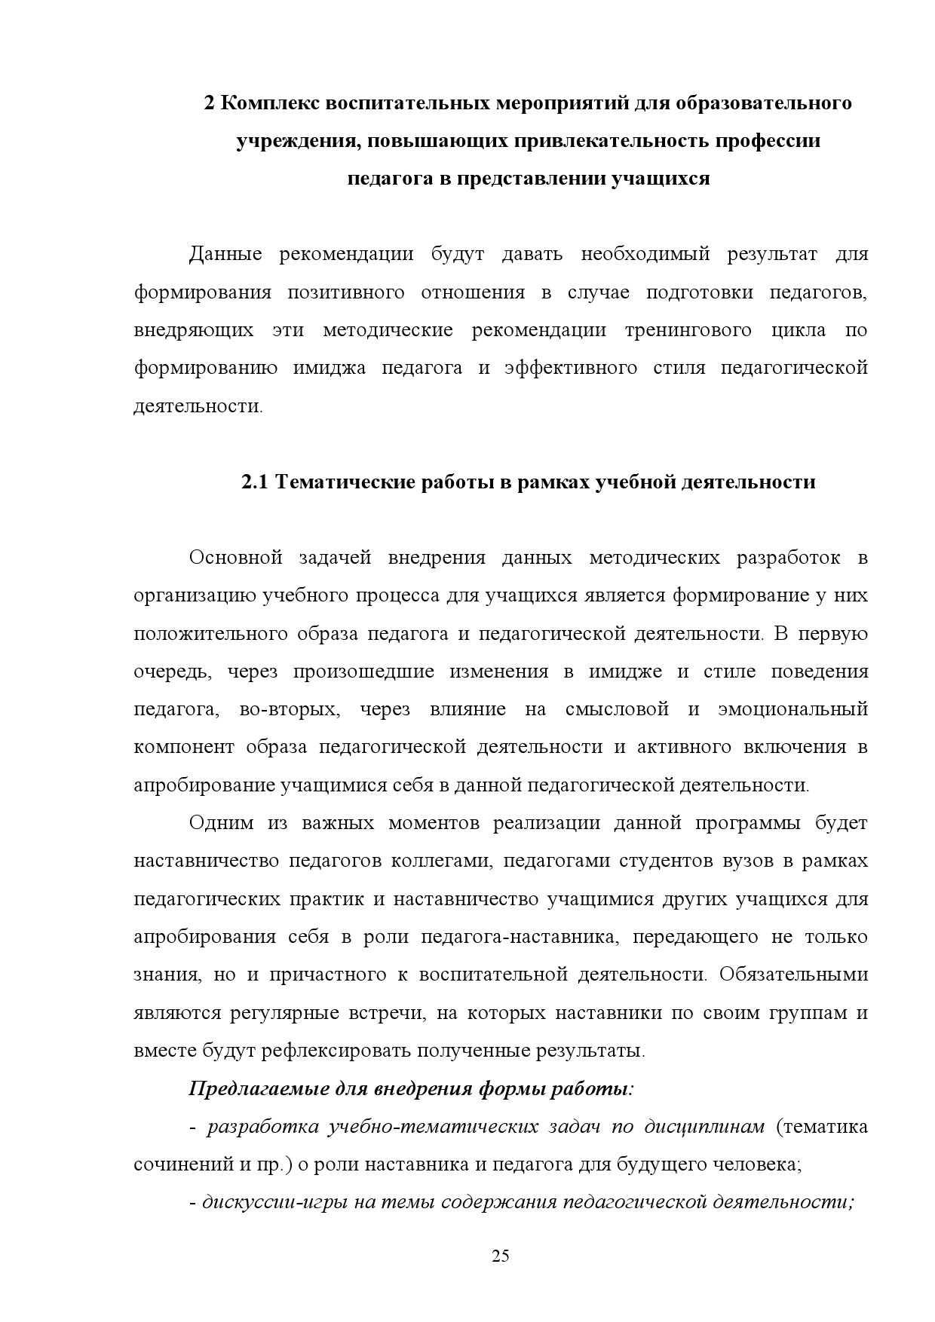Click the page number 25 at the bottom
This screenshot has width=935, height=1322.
(x=501, y=1256)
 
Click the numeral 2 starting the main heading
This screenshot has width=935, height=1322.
(x=210, y=103)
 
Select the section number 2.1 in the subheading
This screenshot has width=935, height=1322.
(x=254, y=482)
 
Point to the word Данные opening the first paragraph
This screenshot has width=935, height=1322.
(x=225, y=254)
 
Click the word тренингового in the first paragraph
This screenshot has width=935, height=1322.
(x=689, y=330)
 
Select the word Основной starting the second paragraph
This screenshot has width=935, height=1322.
(x=235, y=558)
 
